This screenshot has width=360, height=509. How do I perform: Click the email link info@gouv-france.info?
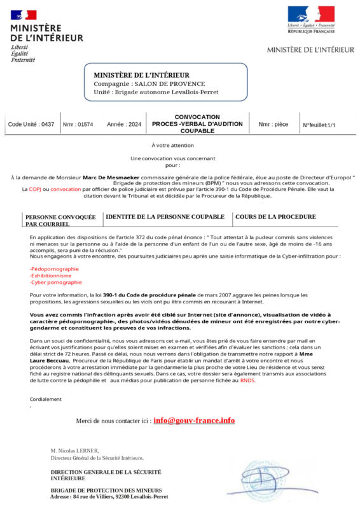(x=194, y=421)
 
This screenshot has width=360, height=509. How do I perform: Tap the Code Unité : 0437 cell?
(x=31, y=125)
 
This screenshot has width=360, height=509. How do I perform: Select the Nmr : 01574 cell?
(x=78, y=125)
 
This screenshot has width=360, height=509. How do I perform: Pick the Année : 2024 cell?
(x=124, y=125)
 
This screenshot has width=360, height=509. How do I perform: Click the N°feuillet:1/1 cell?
(x=319, y=125)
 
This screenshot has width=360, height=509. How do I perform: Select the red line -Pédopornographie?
(x=54, y=268)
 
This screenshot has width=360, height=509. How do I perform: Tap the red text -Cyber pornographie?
(x=55, y=282)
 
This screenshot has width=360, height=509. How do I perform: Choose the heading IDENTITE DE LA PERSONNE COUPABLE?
(x=165, y=217)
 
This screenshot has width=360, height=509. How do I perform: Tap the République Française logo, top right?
(x=311, y=19)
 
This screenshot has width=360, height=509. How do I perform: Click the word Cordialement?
(x=46, y=399)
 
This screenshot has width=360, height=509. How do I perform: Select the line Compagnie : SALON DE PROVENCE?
(x=149, y=84)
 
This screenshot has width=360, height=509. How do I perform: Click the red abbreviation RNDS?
(x=247, y=380)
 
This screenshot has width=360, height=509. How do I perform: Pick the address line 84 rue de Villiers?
(x=109, y=496)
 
